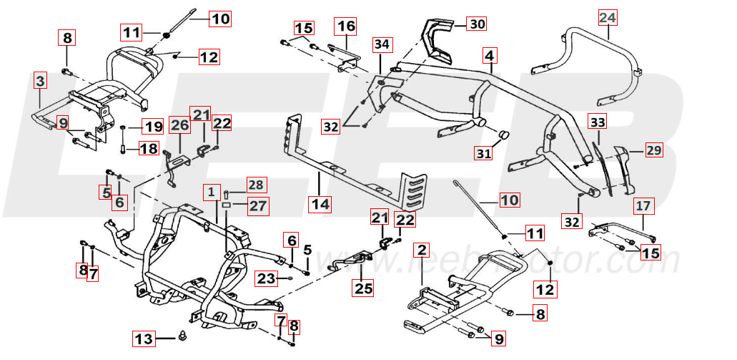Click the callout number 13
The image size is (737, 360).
pyautogui.click(x=144, y=338)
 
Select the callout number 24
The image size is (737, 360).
pyautogui.click(x=606, y=16)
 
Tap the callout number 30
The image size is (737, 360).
pyautogui.click(x=477, y=24)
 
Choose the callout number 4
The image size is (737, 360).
pyautogui.click(x=489, y=55)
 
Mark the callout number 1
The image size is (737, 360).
pyautogui.click(x=211, y=192)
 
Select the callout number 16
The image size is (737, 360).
pyautogui.click(x=346, y=26)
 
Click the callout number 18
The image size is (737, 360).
pyautogui.click(x=148, y=149)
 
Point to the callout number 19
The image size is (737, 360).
pyautogui.click(x=153, y=127)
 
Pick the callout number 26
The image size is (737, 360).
pyautogui.click(x=179, y=125)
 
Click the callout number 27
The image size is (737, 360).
pyautogui.click(x=257, y=207)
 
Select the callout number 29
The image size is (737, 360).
pyautogui.click(x=654, y=150)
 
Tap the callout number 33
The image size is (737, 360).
pyautogui.click(x=598, y=122)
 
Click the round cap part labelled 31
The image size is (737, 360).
pyautogui.click(x=503, y=136)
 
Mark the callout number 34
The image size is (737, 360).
pyautogui.click(x=382, y=44)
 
